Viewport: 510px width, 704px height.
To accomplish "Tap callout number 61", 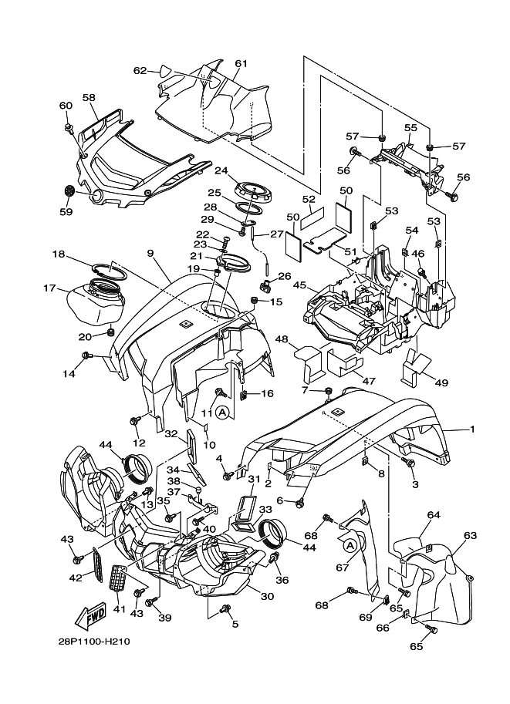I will (241, 63).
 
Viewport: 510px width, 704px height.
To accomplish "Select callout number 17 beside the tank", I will (50, 289).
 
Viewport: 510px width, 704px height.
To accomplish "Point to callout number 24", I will (221, 170).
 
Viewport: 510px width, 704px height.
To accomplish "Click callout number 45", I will (299, 285).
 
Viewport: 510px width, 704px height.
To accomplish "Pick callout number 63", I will (470, 534).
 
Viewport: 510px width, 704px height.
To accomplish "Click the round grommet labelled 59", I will (69, 190).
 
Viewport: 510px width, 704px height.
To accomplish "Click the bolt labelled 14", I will (86, 355).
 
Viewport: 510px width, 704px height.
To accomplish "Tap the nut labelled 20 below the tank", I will (110, 332).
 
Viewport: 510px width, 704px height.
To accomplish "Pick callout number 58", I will (89, 98).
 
